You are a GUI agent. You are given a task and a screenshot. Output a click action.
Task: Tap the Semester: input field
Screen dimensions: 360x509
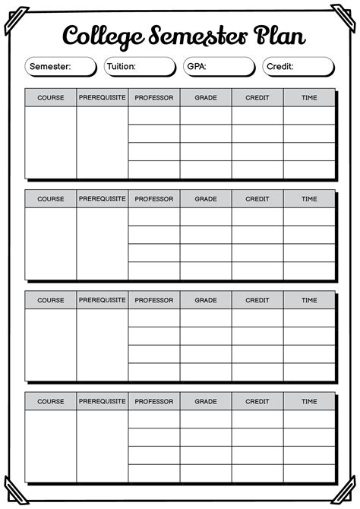point(61,67)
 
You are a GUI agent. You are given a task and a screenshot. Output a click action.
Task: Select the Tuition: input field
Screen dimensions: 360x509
point(140,67)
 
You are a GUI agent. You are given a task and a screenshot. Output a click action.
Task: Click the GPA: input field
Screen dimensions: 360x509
point(219,67)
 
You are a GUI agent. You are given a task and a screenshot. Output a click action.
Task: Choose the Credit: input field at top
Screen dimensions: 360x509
point(298,67)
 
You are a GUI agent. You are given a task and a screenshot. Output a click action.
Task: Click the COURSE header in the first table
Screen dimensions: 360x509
point(51,98)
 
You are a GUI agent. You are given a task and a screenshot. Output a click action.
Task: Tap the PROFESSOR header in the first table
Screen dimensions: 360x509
point(154,98)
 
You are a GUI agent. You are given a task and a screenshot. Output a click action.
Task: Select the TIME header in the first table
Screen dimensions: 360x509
point(309,98)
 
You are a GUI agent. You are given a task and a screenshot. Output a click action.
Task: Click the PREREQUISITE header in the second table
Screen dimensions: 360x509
point(103,199)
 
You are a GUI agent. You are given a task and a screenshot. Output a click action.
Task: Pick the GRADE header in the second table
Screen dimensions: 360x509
point(206,199)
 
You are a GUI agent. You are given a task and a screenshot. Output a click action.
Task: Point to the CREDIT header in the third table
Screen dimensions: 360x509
point(257,300)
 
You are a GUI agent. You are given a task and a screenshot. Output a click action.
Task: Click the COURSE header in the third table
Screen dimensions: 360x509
point(51,300)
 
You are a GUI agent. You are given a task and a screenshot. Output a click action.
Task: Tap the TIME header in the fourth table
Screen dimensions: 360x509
point(309,401)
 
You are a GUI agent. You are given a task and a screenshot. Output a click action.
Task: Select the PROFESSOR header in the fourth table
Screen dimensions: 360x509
point(154,401)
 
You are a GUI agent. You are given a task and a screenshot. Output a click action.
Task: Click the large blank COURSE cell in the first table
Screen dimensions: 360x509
point(51,142)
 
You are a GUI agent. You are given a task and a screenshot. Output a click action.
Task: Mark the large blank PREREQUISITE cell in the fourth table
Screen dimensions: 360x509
point(103,445)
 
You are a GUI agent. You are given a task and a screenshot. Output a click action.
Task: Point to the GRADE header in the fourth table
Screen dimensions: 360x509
point(206,401)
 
